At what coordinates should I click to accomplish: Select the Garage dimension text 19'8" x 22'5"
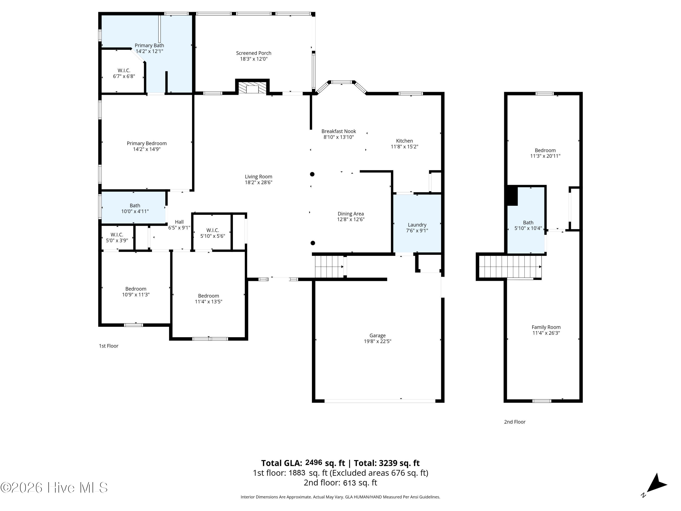[x=378, y=341]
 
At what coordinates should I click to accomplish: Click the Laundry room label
[x=417, y=225]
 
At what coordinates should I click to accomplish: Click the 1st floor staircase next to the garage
[x=329, y=267]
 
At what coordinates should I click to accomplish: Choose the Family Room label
[x=546, y=327]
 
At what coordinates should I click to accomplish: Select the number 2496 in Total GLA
[x=313, y=462]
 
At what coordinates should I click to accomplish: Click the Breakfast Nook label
[x=339, y=131]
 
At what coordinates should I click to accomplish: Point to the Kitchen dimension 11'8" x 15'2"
[x=405, y=147]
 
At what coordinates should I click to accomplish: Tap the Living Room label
[x=259, y=176]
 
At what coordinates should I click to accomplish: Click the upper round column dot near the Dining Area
[x=312, y=174]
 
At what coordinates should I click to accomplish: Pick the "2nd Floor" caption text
[x=515, y=422]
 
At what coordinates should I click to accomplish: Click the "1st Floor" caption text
[x=109, y=346]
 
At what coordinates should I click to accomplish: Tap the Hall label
[x=179, y=222]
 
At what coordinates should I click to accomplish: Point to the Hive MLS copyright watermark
[x=54, y=488]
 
